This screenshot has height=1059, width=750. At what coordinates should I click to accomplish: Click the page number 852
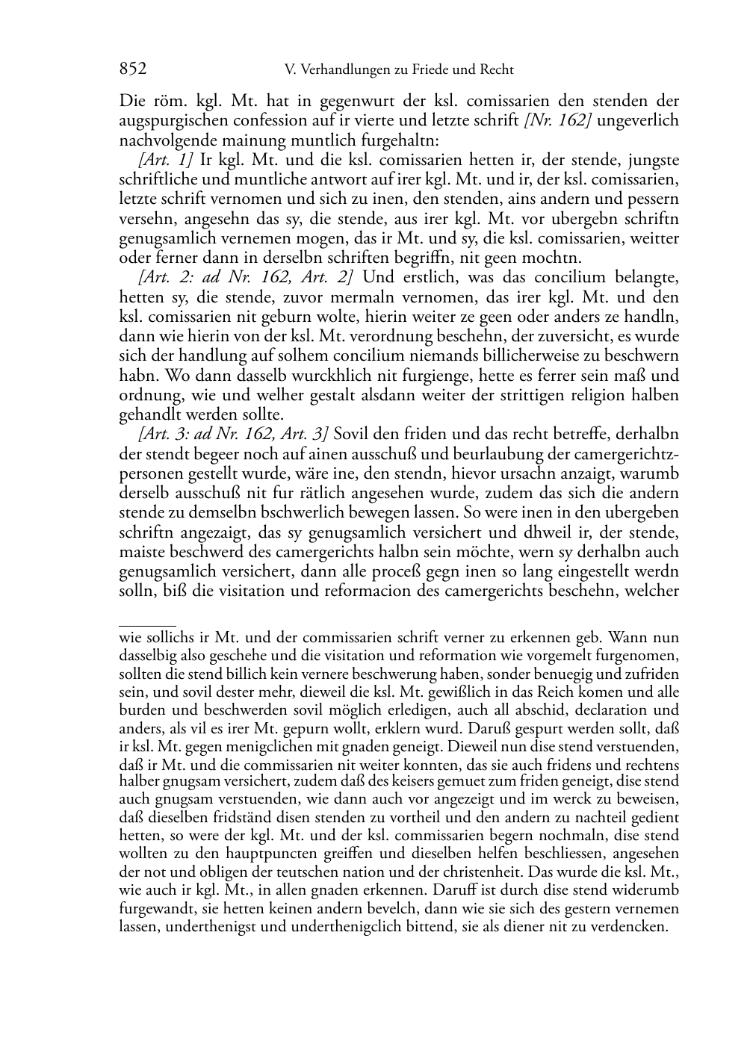pos(133,69)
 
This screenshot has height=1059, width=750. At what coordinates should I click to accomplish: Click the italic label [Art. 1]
pos(166,161)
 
